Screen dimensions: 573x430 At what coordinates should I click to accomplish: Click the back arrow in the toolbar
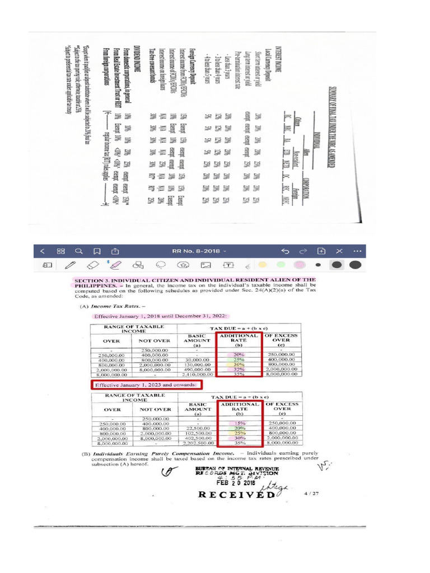pos(43,251)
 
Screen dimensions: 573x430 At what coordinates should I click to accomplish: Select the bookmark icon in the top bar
pos(97,251)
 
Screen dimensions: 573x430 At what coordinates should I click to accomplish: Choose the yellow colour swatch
pos(263,264)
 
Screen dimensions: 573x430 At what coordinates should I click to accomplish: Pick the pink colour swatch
pos(300,264)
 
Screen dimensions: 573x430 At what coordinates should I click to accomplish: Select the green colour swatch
pos(282,264)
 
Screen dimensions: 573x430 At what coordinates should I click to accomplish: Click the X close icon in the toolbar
pos(339,251)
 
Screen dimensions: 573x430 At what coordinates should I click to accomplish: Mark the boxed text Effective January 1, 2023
pos(146,385)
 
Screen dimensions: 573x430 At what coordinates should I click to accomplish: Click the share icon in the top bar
pos(115,251)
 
